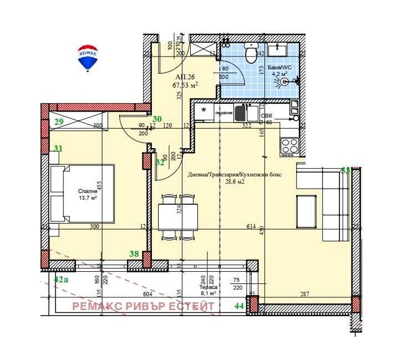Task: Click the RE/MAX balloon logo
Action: (88, 58)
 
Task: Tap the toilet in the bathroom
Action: (252, 53)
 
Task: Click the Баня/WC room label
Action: (278, 67)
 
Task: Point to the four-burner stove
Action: (289, 146)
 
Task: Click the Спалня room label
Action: (88, 192)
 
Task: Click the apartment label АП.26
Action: (185, 77)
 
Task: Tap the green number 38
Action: (134, 253)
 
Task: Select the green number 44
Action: (240, 306)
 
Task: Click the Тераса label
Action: (206, 287)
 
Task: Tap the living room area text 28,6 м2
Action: (233, 181)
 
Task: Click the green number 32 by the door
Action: (160, 163)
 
